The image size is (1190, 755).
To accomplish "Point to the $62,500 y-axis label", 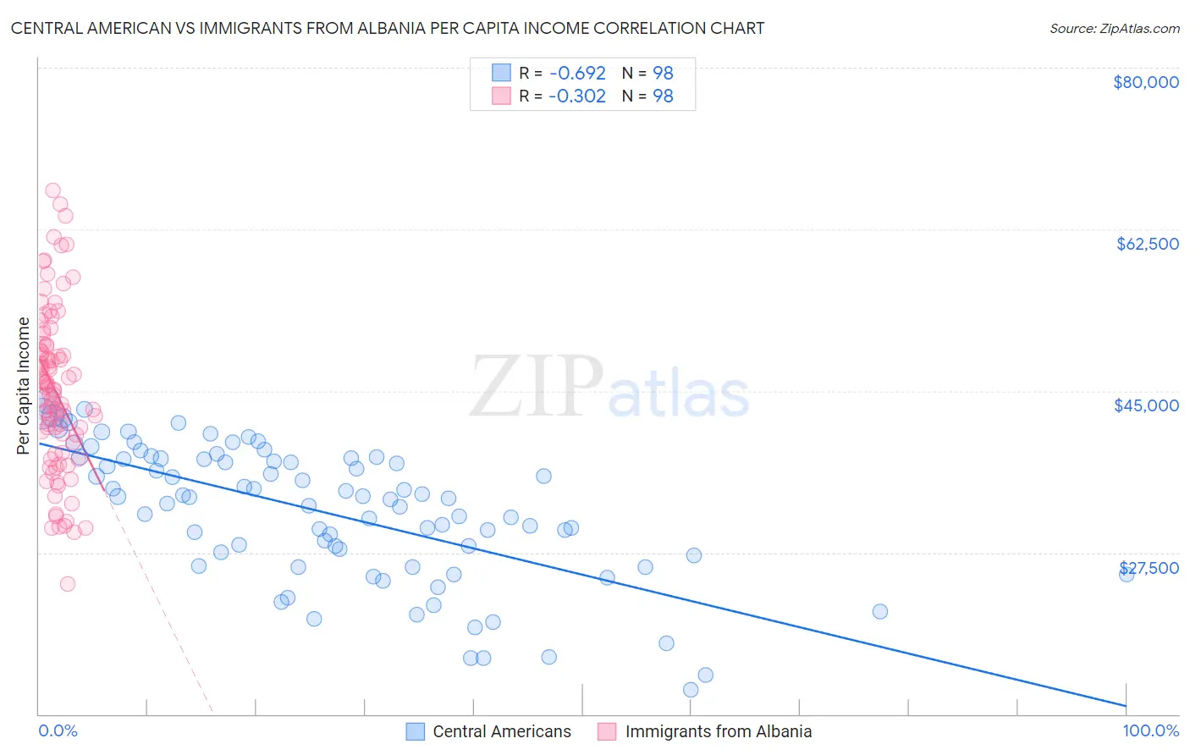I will coord(1147,244).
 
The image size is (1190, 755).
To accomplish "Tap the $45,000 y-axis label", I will coord(1146,405).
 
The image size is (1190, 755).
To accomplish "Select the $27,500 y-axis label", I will coord(1149,568).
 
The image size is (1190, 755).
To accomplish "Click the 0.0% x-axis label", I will coord(58,731).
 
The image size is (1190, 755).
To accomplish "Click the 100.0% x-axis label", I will coord(1150,731).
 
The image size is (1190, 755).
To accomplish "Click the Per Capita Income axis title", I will coord(24,385).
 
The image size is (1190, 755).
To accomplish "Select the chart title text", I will coord(388,28).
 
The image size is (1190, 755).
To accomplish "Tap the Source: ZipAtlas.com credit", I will coord(1114,29).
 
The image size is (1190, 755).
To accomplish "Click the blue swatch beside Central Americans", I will coord(415,731).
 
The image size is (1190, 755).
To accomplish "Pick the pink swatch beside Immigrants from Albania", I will coord(607,731).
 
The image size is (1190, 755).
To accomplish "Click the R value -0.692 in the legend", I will coord(577,73).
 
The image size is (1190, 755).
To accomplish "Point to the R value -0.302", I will coord(577,96).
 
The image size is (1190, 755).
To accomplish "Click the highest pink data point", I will coord(52,191).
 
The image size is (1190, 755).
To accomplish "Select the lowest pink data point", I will coord(68,584).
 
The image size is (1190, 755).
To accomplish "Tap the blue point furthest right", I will coord(1127,574).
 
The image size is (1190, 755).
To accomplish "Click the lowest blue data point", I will coord(691,690).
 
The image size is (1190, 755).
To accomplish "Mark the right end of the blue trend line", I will coord(1127,705).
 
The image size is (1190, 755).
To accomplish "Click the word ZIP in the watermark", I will coord(536,387).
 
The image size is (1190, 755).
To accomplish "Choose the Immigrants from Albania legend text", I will coord(718,731).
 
